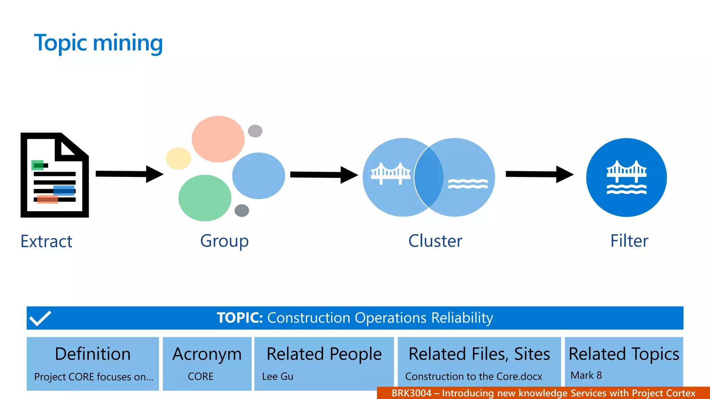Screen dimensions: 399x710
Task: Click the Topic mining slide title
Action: (98, 43)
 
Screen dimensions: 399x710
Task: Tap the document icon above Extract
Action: (54, 175)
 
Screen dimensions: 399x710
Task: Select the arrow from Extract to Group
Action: (129, 174)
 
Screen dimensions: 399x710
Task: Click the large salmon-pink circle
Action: (218, 139)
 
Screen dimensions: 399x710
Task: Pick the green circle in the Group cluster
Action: (205, 198)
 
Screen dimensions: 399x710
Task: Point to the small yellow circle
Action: (178, 158)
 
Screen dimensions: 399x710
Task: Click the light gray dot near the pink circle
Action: (255, 131)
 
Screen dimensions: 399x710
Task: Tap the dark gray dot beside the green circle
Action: (242, 210)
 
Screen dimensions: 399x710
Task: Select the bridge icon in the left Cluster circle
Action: (390, 173)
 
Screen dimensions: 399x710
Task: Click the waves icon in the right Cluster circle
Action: (468, 184)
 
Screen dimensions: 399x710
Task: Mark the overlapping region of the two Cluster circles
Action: (429, 177)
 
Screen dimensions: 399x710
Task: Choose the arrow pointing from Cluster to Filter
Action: (539, 174)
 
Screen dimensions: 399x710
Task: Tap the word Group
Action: (224, 241)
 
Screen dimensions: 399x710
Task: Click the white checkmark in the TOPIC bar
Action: (40, 318)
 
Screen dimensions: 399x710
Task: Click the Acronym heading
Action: (207, 354)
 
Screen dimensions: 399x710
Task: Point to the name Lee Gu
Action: (277, 376)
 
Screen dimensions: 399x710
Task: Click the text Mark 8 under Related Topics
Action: (586, 375)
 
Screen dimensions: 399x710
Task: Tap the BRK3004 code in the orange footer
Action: (411, 393)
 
